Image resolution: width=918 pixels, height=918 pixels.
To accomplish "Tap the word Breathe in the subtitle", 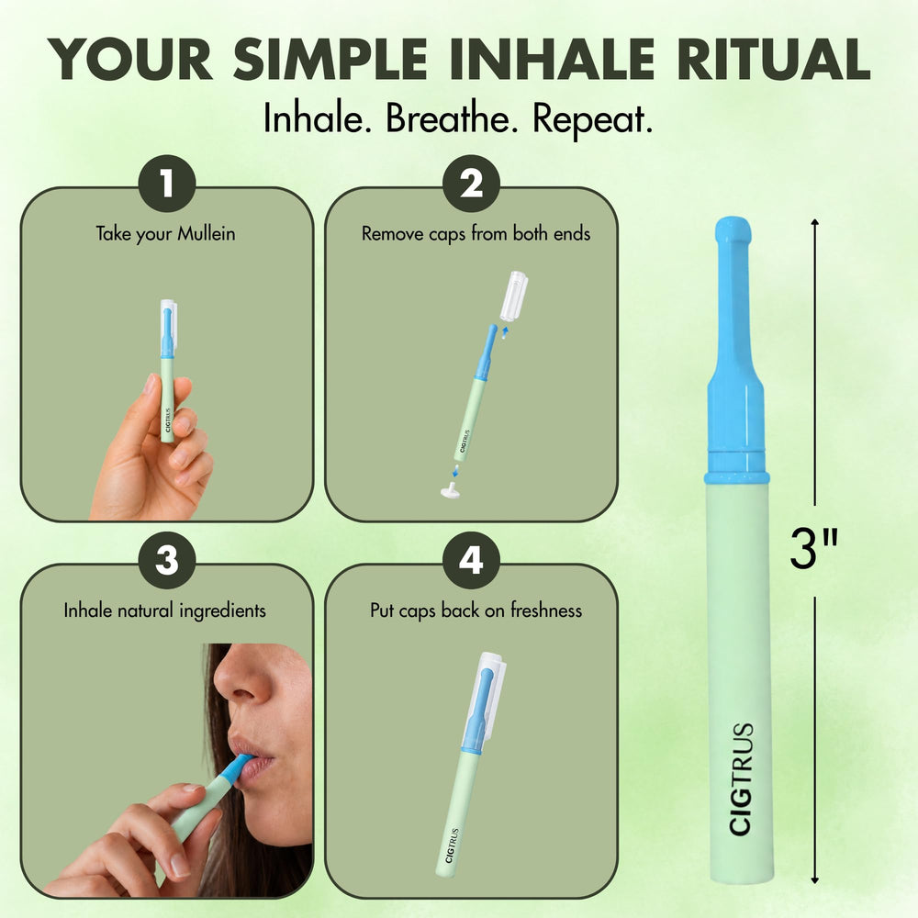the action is tap(452, 118).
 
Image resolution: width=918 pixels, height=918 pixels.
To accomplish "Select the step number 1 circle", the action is tap(167, 184).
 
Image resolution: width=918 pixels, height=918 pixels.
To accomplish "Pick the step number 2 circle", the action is tap(471, 184).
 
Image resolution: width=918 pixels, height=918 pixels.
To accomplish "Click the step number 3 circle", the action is tap(167, 560).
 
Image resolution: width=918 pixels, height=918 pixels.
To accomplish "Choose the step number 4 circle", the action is tap(471, 560).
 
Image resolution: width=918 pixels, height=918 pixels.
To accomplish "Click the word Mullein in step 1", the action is tap(207, 233).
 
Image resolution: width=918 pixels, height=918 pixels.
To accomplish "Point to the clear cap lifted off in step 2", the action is tap(513, 296).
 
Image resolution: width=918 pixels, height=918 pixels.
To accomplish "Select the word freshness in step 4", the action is tap(546, 610).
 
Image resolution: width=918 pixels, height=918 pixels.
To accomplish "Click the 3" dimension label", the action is tap(813, 549).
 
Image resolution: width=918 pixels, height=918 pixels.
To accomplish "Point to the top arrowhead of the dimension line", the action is tap(814, 222).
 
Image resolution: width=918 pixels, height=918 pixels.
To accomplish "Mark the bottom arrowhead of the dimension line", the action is tap(814, 880).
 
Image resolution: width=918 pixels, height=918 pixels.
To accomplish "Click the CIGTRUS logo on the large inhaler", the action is tap(741, 778).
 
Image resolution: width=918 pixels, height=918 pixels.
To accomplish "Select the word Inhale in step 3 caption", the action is tap(89, 610).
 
